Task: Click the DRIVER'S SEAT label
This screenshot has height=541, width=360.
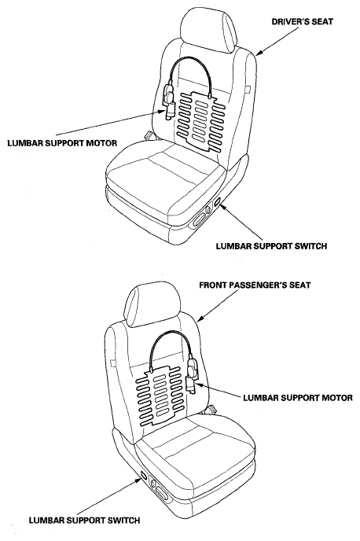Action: click(x=303, y=22)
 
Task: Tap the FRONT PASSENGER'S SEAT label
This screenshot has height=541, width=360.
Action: click(x=255, y=285)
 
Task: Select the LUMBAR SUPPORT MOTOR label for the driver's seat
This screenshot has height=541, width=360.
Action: click(x=62, y=143)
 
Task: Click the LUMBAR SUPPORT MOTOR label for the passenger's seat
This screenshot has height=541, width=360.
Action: click(x=298, y=397)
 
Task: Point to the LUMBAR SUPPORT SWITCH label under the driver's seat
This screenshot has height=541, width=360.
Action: click(x=271, y=246)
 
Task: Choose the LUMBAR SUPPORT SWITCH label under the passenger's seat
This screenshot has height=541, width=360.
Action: click(x=84, y=521)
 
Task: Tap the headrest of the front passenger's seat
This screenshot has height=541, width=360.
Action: click(x=152, y=305)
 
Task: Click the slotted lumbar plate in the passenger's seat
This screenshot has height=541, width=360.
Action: click(x=159, y=395)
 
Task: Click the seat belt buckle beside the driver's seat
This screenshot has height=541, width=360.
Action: click(x=150, y=135)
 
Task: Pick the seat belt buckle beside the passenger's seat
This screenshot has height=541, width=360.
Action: click(x=210, y=410)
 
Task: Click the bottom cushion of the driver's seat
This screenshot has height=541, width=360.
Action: click(x=166, y=179)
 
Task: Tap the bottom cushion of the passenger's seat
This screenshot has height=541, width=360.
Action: click(x=195, y=452)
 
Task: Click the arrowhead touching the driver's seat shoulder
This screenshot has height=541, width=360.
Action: click(x=259, y=53)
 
